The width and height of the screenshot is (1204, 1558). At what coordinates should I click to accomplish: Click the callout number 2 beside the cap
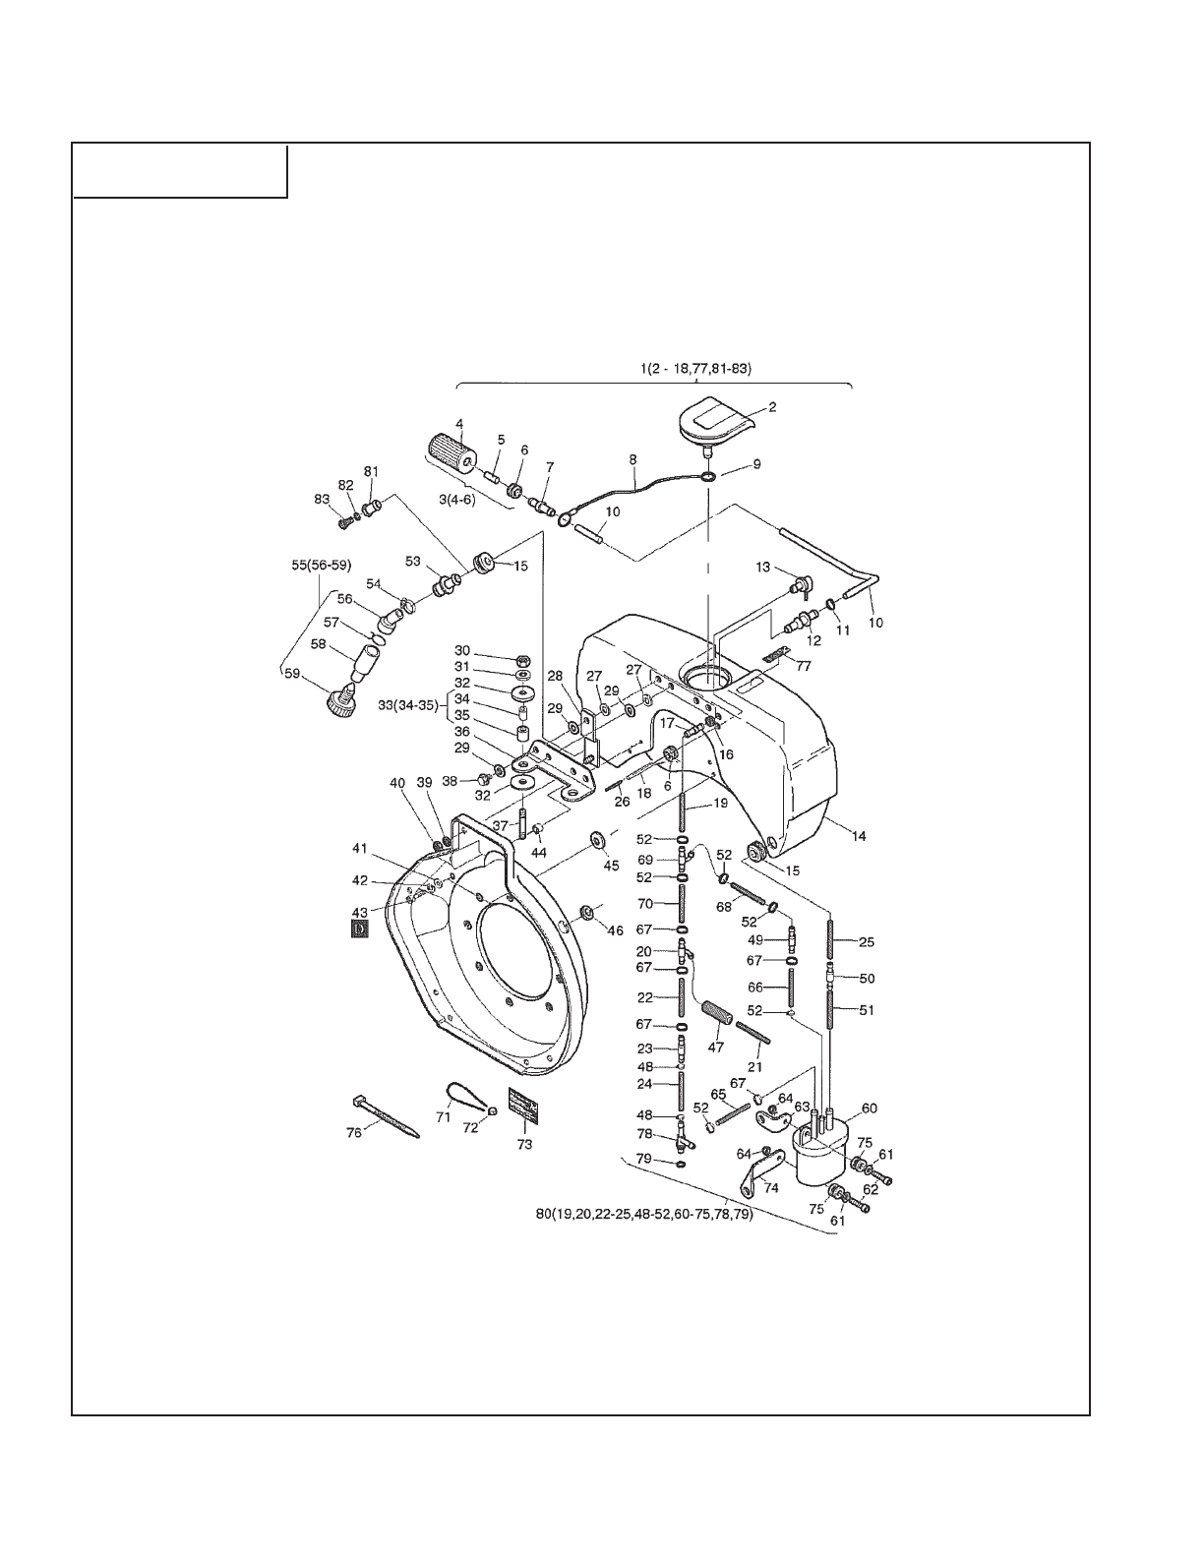click(x=772, y=407)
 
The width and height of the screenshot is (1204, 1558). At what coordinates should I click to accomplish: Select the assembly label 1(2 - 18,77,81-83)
click(x=695, y=369)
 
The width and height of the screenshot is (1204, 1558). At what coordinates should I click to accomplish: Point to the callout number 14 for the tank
click(x=859, y=835)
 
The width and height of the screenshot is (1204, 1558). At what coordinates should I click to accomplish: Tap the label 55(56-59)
click(x=322, y=565)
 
